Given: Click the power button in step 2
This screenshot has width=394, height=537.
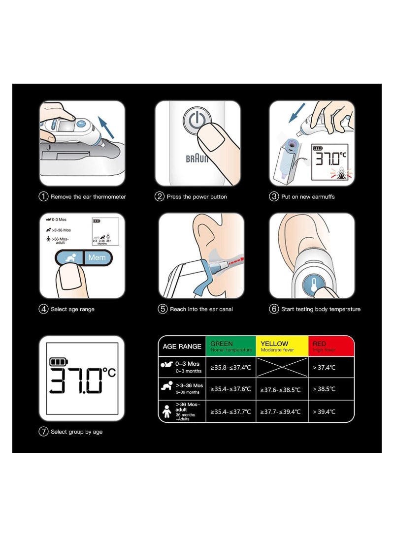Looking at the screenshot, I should pyautogui.click(x=196, y=121).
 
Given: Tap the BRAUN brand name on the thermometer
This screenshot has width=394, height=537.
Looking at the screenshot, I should pyautogui.click(x=197, y=158).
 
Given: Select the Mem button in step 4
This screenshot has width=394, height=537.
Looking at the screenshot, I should pyautogui.click(x=97, y=257).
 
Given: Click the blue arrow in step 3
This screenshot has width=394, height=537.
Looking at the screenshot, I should pyautogui.click(x=297, y=112).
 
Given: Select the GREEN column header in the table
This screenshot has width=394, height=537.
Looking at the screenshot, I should pyautogui.click(x=231, y=347).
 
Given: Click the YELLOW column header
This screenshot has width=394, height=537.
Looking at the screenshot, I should pyautogui.click(x=282, y=347).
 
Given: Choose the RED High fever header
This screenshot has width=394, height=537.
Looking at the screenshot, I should pyautogui.click(x=331, y=347).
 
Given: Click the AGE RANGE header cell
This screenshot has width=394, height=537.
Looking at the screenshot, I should pyautogui.click(x=182, y=347).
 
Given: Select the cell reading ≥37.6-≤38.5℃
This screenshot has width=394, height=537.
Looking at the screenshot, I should pyautogui.click(x=282, y=389).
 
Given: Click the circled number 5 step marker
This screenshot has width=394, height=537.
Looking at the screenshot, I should pyautogui.click(x=163, y=309).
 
